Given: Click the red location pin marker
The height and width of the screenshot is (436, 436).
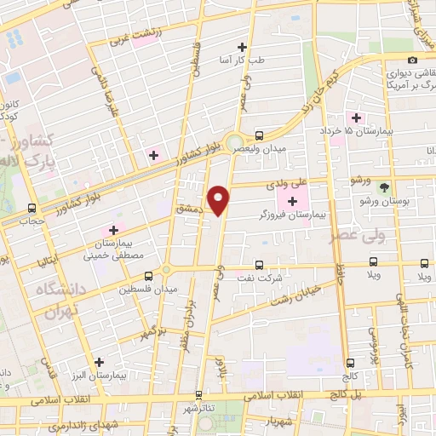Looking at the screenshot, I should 221,199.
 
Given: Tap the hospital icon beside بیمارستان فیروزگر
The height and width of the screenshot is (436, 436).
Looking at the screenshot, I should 294,201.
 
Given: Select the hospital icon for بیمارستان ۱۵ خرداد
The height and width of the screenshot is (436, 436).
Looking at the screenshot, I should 356,118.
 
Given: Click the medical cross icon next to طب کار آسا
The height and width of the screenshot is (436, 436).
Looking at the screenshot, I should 243,48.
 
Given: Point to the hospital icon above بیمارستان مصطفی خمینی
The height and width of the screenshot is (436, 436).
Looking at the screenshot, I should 113,231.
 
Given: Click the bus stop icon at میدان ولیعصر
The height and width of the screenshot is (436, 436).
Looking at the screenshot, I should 259,135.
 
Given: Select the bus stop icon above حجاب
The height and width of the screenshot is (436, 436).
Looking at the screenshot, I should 32,208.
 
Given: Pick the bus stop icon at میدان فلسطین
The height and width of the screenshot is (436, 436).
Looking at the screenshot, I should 150,276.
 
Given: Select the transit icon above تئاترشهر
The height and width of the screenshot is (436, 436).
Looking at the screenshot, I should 199,395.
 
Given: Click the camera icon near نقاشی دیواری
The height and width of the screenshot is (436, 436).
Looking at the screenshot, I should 412,60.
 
